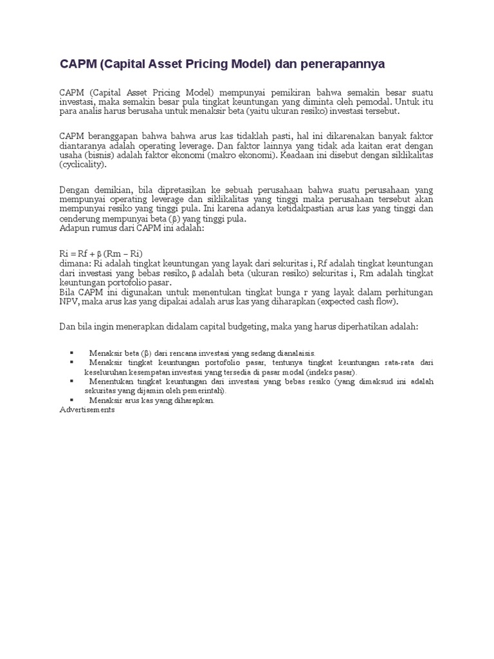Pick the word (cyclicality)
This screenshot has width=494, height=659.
84,165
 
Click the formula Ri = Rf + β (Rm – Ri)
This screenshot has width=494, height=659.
100,254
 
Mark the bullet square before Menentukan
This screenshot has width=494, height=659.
71,381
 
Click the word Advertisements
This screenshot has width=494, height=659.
87,409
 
